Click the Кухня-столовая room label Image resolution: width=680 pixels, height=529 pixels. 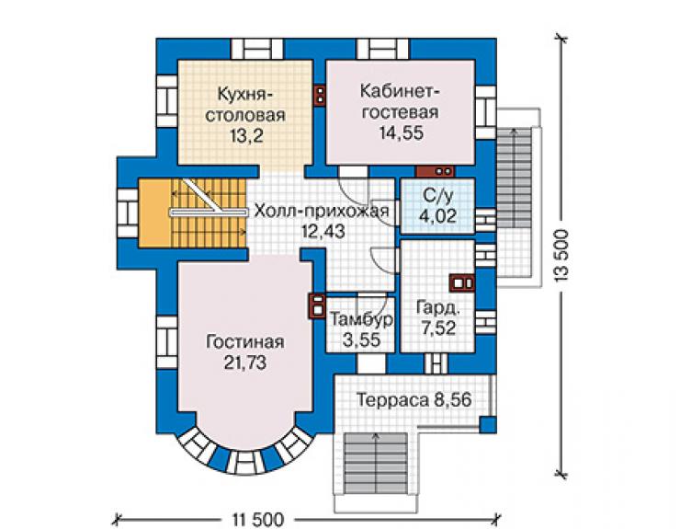click(245, 104)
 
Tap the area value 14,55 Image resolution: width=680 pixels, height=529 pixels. click(402, 132)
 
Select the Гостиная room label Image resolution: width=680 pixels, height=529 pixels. click(245, 342)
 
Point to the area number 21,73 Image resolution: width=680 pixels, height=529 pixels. click(245, 362)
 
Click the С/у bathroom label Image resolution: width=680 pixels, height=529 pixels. click(437, 195)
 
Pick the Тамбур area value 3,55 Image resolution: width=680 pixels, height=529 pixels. click(362, 339)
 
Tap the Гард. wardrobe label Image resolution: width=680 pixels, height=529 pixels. click(437, 307)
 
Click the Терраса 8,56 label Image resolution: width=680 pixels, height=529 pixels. click(414, 399)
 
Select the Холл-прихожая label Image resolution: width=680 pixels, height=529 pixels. click(322, 211)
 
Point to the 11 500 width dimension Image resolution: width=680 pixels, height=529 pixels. click(257, 519)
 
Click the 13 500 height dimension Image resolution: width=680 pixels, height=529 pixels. click(561, 256)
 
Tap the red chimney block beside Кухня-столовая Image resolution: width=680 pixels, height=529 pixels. click(320, 94)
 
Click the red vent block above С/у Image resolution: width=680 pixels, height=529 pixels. click(435, 171)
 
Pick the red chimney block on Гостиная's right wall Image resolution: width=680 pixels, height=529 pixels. click(317, 306)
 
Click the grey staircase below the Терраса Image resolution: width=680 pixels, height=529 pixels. click(376, 463)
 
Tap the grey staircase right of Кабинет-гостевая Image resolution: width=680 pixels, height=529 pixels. click(514, 178)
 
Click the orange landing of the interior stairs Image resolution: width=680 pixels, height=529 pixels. click(154, 213)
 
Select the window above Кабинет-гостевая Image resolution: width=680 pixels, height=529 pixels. click(382, 49)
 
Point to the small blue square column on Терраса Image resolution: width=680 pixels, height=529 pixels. click(487, 424)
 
